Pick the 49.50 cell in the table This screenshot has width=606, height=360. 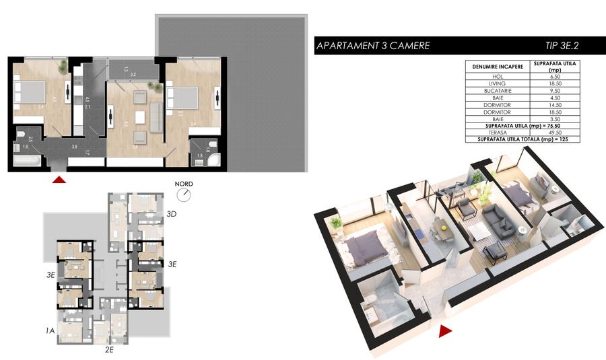[555, 133]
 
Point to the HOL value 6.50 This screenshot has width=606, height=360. [555, 77]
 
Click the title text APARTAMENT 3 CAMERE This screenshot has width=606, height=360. [372, 46]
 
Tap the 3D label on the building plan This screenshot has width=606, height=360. [172, 215]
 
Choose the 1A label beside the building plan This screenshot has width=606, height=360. [50, 330]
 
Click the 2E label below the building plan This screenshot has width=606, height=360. [110, 350]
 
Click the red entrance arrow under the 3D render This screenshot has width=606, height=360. [444, 330]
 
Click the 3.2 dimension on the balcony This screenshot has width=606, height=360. [133, 74]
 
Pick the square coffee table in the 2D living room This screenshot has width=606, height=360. [139, 116]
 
